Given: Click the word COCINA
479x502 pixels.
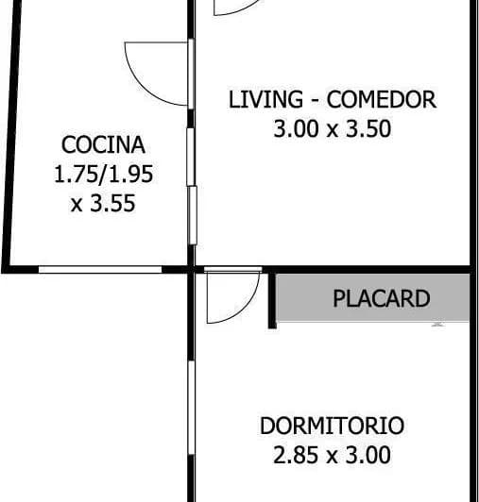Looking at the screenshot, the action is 103,145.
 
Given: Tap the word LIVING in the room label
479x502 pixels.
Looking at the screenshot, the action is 265,99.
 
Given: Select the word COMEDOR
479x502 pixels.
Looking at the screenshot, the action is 381,99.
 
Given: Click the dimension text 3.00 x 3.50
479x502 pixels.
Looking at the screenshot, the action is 333,128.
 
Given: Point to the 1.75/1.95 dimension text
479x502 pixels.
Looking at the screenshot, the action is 103,175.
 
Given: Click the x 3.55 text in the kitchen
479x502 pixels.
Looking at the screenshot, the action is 103,203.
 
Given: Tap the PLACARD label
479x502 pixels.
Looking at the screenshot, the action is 381,298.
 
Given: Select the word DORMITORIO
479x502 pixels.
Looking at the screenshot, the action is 332,426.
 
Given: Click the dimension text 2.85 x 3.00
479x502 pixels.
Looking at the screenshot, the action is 332,455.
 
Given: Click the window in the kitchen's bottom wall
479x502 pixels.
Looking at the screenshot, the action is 100,270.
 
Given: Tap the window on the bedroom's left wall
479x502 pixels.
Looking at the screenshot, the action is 192,408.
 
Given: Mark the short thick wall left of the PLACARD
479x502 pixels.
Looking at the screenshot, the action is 272,301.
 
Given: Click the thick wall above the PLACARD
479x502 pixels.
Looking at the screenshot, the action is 368,270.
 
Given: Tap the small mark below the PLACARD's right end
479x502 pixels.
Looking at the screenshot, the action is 437,325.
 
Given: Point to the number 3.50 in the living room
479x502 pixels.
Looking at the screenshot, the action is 368,128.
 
